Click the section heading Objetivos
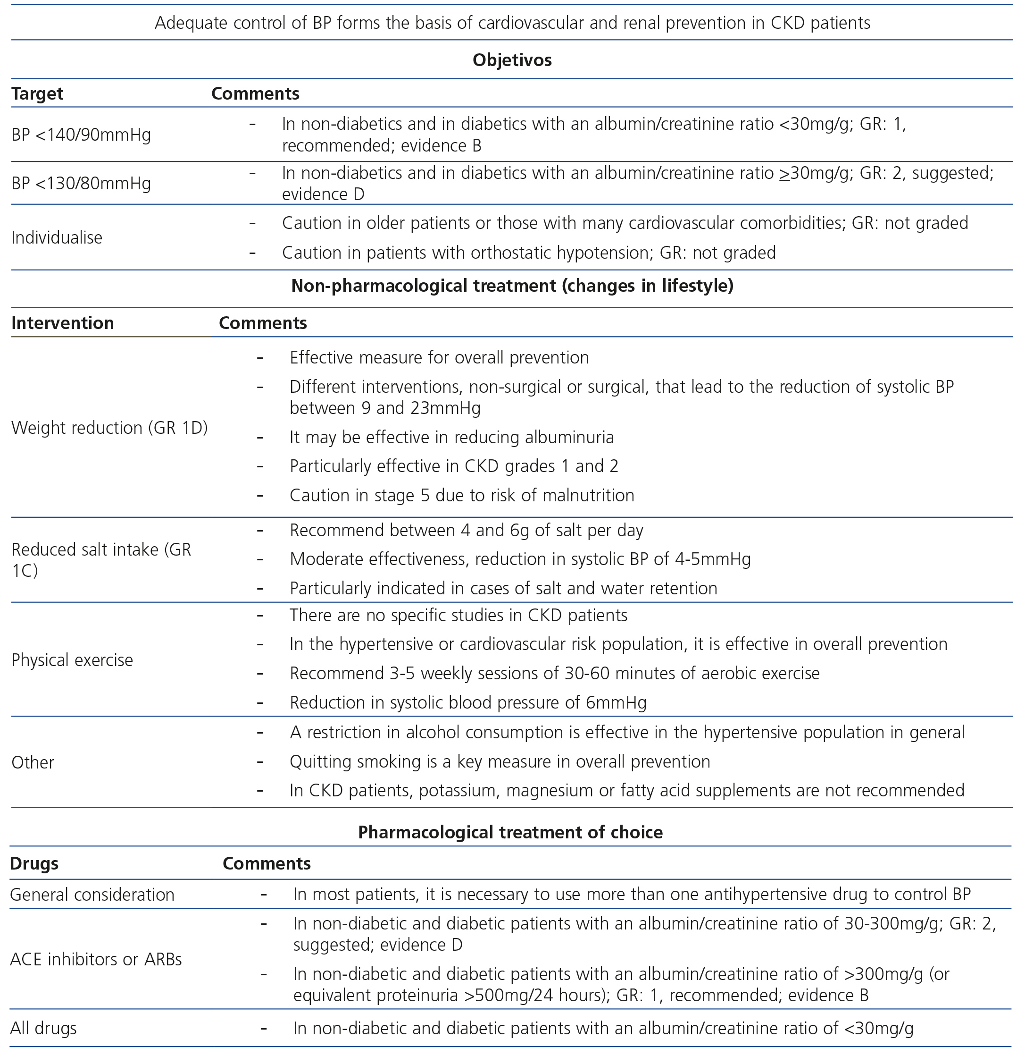coord(512,60)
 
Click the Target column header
coord(37,94)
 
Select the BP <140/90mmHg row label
coord(81,135)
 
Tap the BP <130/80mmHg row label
coord(81,183)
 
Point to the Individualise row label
coord(57,237)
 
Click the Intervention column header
coord(62,323)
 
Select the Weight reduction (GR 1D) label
coord(109,428)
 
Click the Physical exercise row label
coord(72,660)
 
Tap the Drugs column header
coord(34,864)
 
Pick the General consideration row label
coord(92,895)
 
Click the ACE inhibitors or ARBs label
coord(96,960)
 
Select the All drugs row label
coord(43,1029)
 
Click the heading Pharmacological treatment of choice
coord(510,832)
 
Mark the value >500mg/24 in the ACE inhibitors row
coord(511,995)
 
